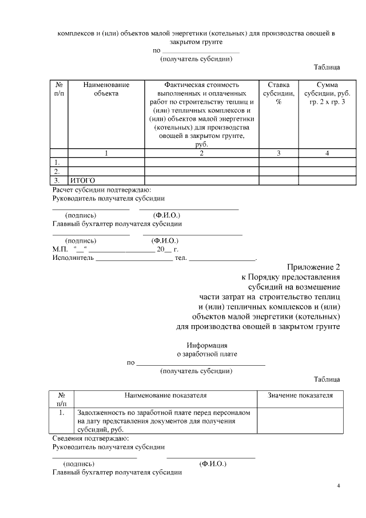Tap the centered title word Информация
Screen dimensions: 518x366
coord(207,345)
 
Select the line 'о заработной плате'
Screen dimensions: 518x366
coord(207,354)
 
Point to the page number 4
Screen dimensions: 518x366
coord(339,487)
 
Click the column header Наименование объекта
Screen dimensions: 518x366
coord(106,89)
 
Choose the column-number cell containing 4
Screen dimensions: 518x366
coord(327,153)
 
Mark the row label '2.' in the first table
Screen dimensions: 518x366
coord(57,171)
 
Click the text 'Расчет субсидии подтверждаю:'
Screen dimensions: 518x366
coord(102,189)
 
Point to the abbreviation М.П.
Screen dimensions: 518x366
coord(60,250)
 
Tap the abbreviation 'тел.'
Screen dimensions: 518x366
coord(181,258)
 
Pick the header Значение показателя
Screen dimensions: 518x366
coord(300,395)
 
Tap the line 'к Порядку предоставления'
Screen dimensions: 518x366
coord(291,277)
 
